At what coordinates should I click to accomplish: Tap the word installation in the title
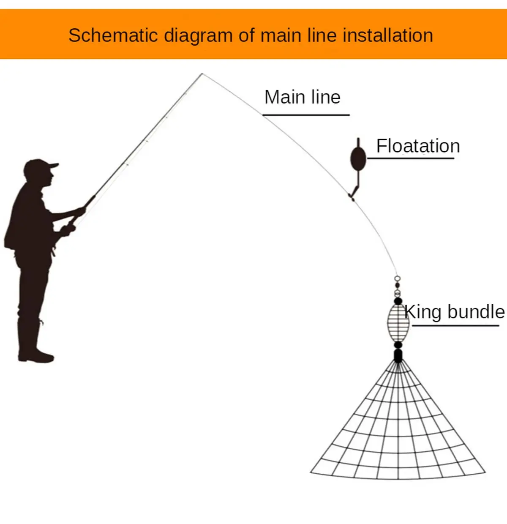click(x=387, y=35)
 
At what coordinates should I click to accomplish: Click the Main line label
click(x=303, y=97)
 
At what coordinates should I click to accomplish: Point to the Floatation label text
click(x=418, y=146)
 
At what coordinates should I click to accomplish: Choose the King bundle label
click(x=455, y=312)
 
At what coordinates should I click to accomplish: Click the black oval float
click(x=358, y=159)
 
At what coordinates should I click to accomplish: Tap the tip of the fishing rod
click(x=202, y=74)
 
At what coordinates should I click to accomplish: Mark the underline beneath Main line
click(x=306, y=115)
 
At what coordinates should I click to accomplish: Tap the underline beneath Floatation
click(x=411, y=158)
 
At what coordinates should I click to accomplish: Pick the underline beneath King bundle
click(x=455, y=325)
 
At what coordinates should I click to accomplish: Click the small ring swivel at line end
click(x=397, y=278)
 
